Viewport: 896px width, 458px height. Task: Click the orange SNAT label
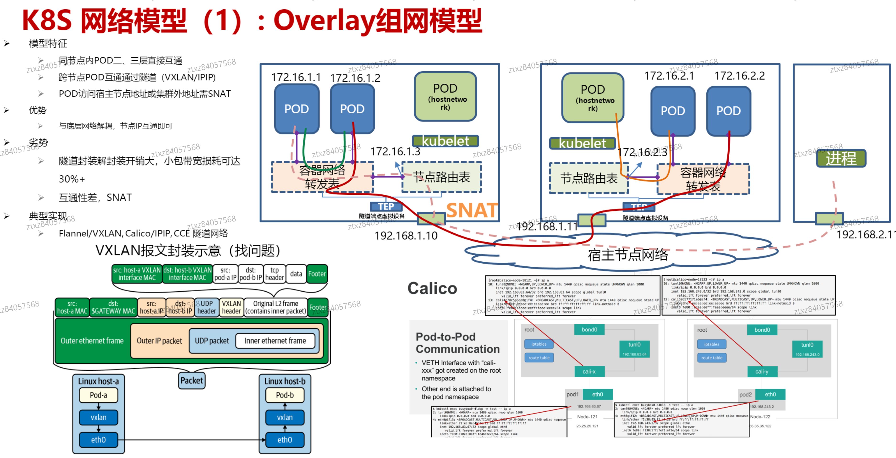point(471,210)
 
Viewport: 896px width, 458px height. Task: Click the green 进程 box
point(841,159)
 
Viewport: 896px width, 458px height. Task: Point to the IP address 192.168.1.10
point(406,236)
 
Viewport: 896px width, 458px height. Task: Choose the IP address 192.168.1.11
point(547,227)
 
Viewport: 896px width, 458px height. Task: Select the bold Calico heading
point(432,288)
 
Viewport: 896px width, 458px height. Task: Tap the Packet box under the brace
point(192,381)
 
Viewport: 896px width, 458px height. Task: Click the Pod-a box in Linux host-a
point(99,395)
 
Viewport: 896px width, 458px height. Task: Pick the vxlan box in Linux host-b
point(285,417)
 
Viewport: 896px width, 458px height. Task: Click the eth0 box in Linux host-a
point(99,440)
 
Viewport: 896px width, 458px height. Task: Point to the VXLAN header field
point(231,307)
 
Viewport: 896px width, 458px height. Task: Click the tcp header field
point(275,274)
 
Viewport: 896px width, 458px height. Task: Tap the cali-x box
point(589,371)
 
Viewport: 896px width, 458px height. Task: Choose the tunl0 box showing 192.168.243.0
point(807,349)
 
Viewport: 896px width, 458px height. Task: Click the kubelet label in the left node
point(445,141)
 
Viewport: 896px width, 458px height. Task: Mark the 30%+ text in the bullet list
point(72,179)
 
